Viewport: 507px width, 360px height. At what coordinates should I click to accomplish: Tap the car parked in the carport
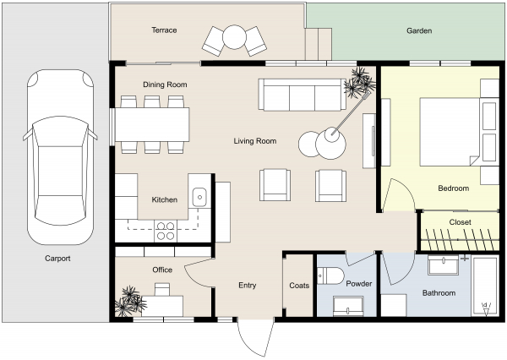click(57, 157)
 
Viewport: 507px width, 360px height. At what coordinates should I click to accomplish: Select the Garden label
click(419, 30)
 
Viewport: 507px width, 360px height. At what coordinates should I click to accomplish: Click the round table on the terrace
click(233, 37)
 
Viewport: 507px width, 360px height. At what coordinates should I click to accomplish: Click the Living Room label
click(255, 141)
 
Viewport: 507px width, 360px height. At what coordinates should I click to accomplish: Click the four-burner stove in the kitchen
click(165, 226)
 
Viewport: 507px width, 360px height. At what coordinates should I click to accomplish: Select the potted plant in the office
click(131, 300)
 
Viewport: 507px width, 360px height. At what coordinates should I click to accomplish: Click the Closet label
click(460, 222)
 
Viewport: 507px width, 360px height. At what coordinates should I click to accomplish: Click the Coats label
click(298, 286)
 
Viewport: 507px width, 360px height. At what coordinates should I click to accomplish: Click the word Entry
click(247, 286)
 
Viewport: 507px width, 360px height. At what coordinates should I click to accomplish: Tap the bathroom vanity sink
click(444, 265)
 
